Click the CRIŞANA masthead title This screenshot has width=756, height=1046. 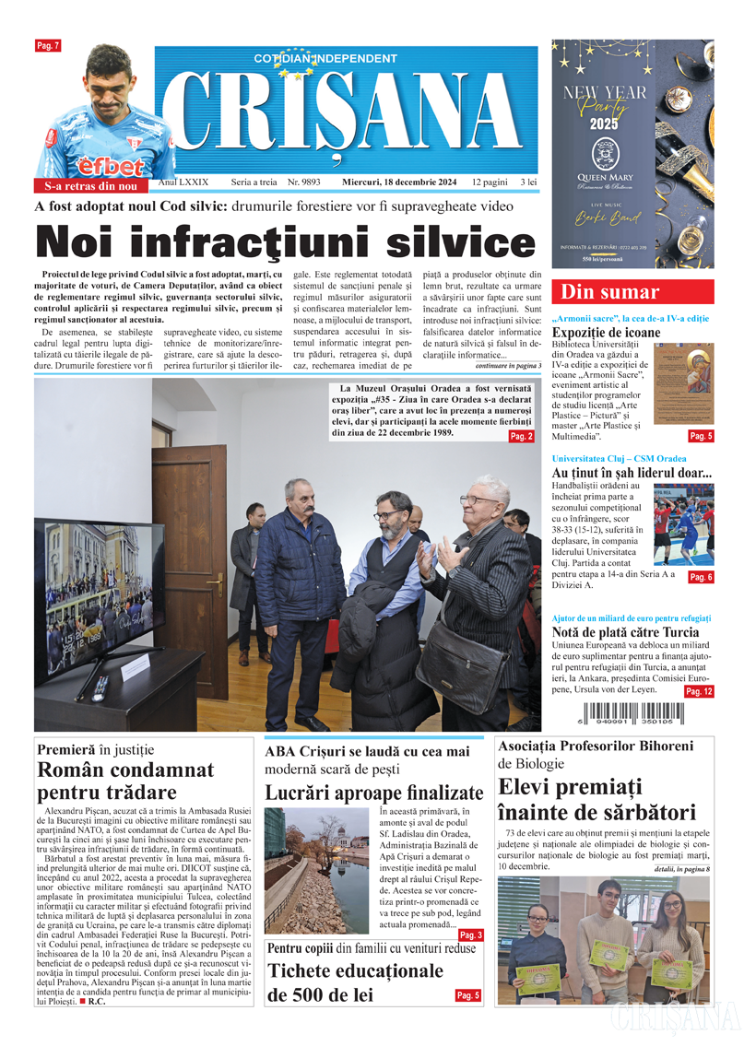point(346,115)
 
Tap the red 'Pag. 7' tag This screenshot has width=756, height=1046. point(48,45)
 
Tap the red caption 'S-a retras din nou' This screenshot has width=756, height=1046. point(91,186)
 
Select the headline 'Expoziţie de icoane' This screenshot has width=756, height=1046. point(607,333)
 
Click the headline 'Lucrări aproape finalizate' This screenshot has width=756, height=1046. point(373,792)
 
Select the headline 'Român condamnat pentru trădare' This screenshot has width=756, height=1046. point(125,781)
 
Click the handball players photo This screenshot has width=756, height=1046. point(683,524)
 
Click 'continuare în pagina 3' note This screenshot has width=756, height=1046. point(508,366)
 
